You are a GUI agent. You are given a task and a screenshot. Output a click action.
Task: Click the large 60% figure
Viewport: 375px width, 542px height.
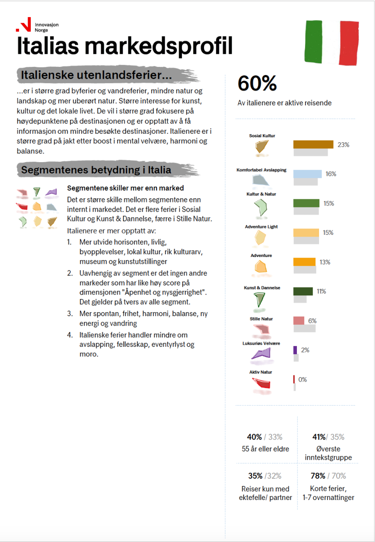click(257, 84)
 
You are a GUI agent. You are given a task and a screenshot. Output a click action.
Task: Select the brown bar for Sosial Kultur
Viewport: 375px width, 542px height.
click(313, 145)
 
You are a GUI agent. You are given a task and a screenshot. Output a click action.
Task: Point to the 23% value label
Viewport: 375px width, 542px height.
click(343, 145)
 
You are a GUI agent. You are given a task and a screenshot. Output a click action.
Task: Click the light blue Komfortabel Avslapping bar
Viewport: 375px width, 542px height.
click(307, 174)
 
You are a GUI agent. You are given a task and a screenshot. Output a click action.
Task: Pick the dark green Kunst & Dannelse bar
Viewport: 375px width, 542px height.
click(303, 291)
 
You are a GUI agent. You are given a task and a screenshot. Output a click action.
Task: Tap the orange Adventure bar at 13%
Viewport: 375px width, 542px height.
click(305, 262)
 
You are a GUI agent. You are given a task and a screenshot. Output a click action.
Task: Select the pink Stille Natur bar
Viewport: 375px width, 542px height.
click(299, 321)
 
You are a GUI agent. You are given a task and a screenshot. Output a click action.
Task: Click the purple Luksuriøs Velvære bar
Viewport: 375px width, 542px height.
click(295, 350)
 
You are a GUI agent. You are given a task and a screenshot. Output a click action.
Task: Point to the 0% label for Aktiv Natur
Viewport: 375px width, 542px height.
click(302, 379)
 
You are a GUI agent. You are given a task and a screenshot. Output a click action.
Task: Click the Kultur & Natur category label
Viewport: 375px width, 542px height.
click(261, 194)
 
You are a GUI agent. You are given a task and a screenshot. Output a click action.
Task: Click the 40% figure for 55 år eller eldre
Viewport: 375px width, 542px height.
click(255, 437)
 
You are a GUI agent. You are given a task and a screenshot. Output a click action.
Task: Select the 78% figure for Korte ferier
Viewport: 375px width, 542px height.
click(318, 476)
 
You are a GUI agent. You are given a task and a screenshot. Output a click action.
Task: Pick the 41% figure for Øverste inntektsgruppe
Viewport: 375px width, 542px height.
click(319, 437)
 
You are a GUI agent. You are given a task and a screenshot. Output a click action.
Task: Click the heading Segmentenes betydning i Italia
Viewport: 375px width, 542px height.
click(96, 170)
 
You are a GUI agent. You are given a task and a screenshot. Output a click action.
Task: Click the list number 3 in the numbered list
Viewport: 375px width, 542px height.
click(69, 313)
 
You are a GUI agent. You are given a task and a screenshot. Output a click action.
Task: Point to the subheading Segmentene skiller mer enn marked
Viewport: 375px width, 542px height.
click(125, 188)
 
